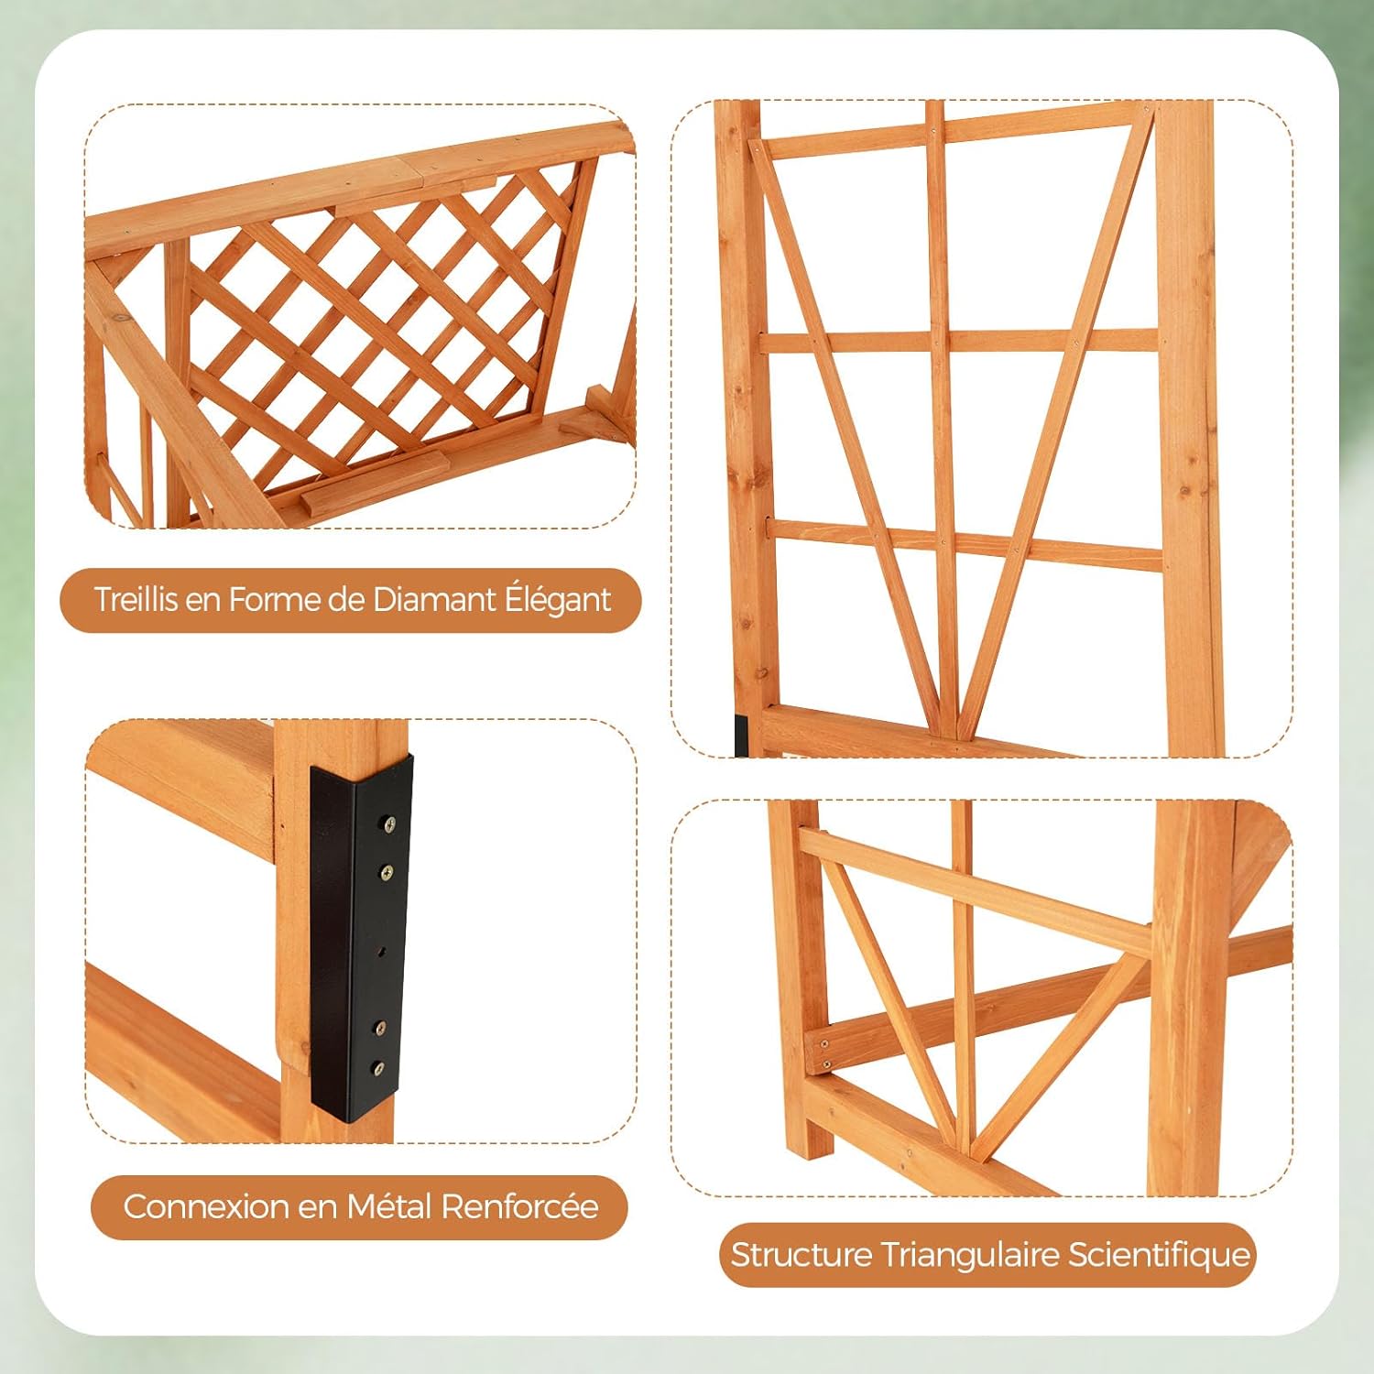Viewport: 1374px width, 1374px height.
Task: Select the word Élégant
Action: pos(557,601)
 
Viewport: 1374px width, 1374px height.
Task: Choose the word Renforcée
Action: pos(519,1205)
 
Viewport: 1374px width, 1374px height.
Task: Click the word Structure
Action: pos(801,1254)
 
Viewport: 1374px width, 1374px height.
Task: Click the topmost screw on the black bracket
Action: pos(390,824)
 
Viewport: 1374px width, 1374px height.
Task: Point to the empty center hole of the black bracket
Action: pos(383,950)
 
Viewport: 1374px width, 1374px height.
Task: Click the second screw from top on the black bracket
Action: pos(387,872)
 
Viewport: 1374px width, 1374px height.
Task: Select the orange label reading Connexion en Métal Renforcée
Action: pos(359,1206)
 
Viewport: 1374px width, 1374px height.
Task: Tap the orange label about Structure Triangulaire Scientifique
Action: pos(987,1255)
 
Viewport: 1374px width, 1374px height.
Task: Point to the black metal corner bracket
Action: pos(360,936)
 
